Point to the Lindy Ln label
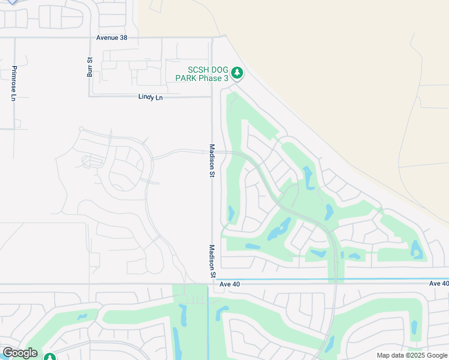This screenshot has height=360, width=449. pyautogui.click(x=150, y=97)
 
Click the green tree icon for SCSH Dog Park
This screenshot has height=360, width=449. pyautogui.click(x=237, y=73)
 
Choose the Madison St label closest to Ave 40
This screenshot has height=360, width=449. pyautogui.click(x=212, y=260)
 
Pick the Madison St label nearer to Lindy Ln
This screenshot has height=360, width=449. pyautogui.click(x=211, y=160)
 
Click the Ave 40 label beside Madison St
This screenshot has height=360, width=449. pyautogui.click(x=229, y=284)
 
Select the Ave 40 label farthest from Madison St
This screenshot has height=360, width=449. pyautogui.click(x=439, y=283)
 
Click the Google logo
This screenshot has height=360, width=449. pyautogui.click(x=20, y=353)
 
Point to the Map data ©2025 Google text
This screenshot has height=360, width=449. pyautogui.click(x=412, y=355)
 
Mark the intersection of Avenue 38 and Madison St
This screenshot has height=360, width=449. pyautogui.click(x=212, y=37)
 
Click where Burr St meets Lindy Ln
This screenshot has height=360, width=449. pyautogui.click(x=89, y=96)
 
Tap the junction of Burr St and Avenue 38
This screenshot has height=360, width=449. pyautogui.click(x=89, y=37)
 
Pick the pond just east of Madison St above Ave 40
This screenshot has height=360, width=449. pyautogui.click(x=231, y=213)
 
